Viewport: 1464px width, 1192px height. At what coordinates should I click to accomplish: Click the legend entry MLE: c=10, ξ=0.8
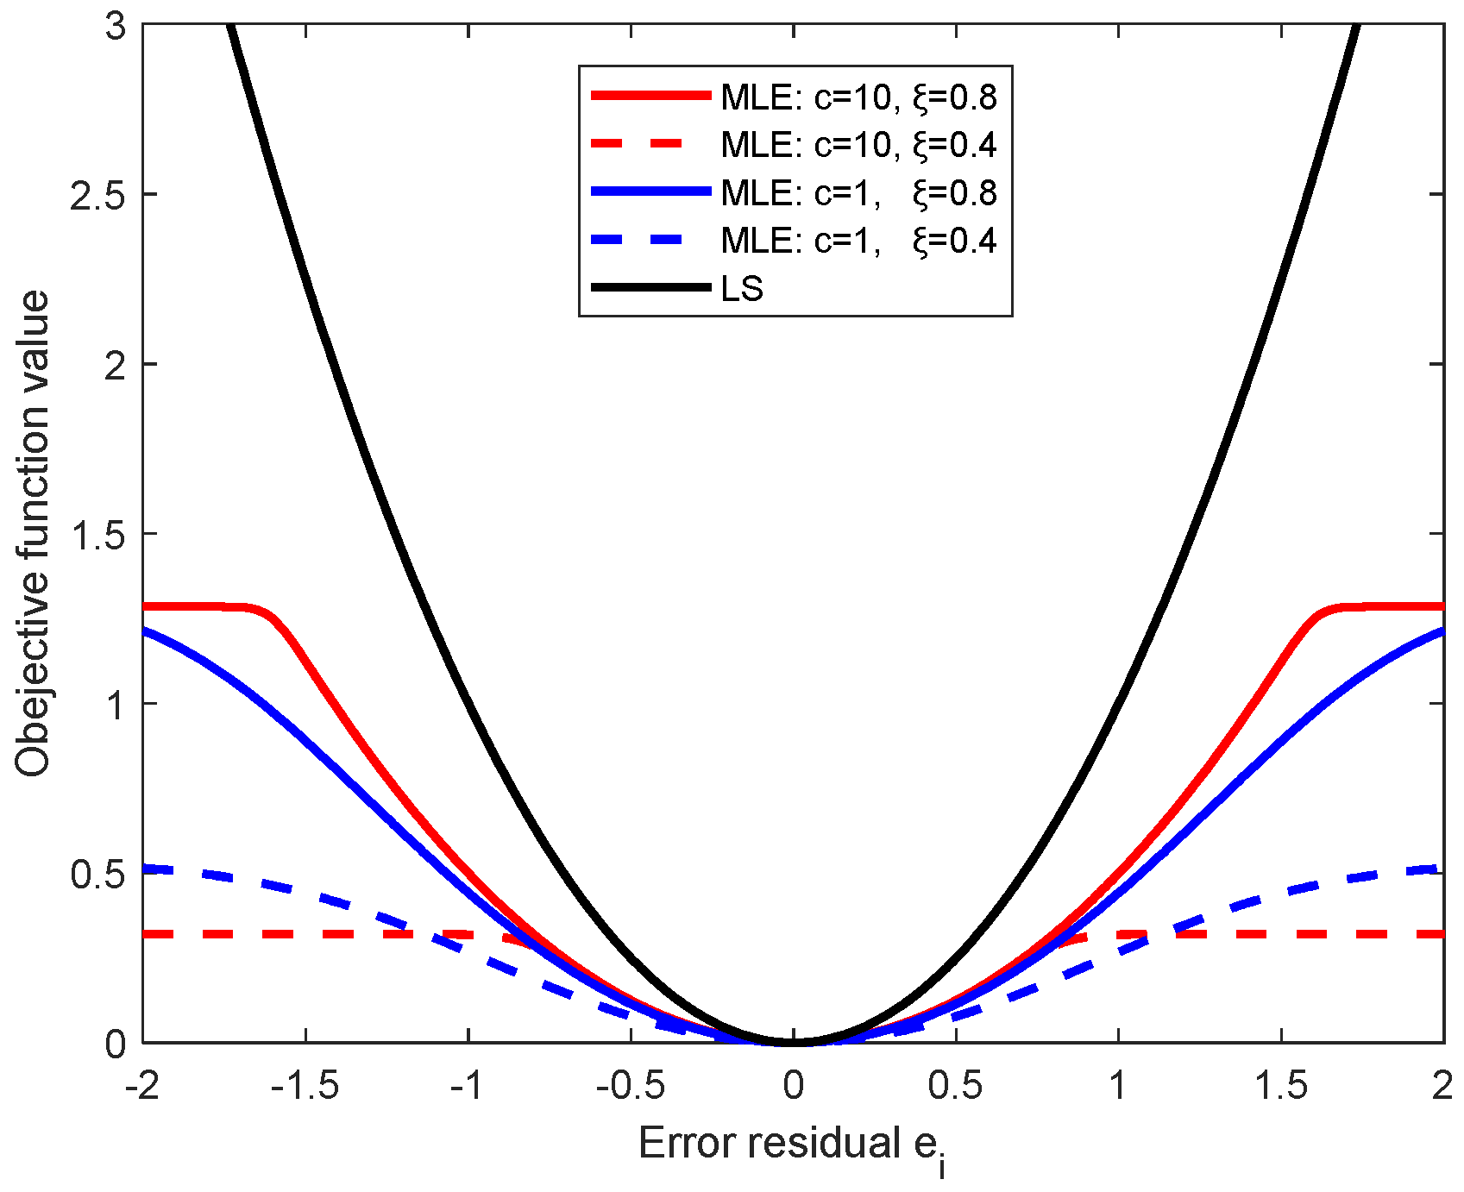pos(858,97)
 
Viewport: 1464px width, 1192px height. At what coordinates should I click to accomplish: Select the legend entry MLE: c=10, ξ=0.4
pos(858,144)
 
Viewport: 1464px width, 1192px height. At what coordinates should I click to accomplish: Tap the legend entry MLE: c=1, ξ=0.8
pos(858,192)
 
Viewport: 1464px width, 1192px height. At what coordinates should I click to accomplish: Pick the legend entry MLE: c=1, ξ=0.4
pos(858,240)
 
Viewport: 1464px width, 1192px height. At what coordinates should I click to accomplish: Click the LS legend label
pos(742,288)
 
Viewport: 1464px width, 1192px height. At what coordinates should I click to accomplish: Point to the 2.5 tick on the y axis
pos(97,195)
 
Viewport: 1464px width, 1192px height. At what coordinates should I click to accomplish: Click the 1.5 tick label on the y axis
pos(97,535)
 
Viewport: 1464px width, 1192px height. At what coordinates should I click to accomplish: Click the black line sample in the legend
pos(650,288)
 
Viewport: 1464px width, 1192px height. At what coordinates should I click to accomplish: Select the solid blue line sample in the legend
pos(650,192)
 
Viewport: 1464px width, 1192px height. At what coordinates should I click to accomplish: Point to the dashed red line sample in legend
pos(650,144)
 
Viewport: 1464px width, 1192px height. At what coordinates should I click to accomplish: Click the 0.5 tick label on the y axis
pos(97,875)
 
